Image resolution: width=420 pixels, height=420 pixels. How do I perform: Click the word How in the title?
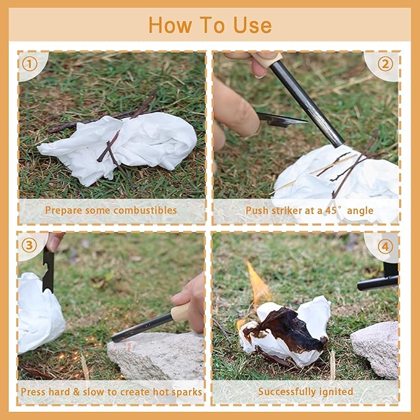pos(170,25)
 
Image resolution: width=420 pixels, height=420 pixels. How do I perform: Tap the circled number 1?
pos(30,64)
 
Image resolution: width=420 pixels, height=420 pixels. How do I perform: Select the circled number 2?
pos(385,64)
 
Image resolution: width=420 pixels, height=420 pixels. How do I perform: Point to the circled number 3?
pos(29,246)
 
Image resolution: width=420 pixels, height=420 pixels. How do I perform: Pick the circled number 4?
pos(385,246)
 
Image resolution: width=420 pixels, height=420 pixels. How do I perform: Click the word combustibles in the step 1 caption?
pos(145,210)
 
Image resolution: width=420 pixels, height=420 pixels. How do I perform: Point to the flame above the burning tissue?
pos(258,284)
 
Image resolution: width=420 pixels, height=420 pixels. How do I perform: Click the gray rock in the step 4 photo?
pos(375,349)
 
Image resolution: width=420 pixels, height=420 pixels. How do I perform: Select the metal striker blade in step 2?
pos(281,120)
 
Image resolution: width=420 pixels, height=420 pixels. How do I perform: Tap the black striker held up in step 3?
pos(48,270)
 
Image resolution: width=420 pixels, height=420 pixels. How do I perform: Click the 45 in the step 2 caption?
pos(331,210)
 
